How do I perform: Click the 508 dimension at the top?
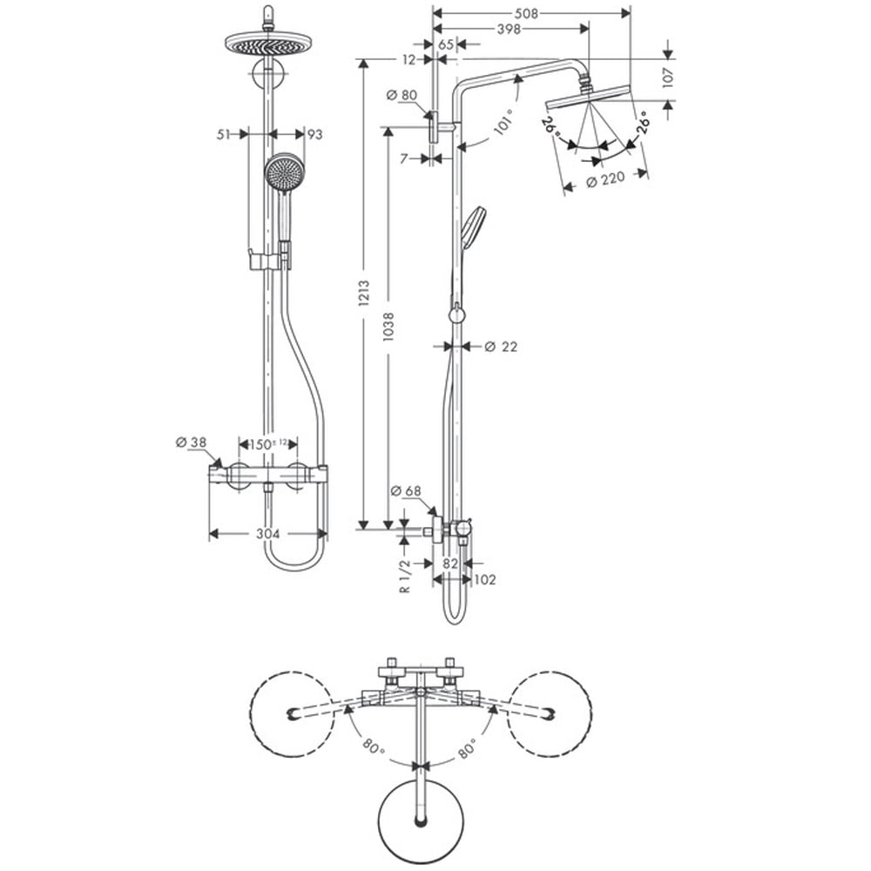point(526,13)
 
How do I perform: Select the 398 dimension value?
point(509,29)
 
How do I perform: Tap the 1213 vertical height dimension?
point(364,293)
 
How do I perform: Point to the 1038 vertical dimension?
point(388,326)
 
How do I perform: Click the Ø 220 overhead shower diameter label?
point(605,179)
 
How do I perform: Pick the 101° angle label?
point(503,124)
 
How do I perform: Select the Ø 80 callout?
point(402,95)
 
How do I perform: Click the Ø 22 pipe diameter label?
point(501,347)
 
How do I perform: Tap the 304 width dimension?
point(267,534)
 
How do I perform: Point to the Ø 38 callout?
point(191,442)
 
